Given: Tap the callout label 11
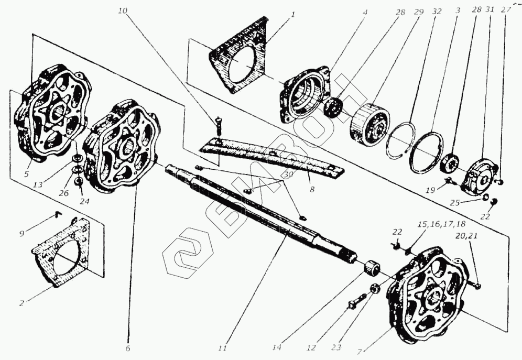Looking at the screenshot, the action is click(222, 347).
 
